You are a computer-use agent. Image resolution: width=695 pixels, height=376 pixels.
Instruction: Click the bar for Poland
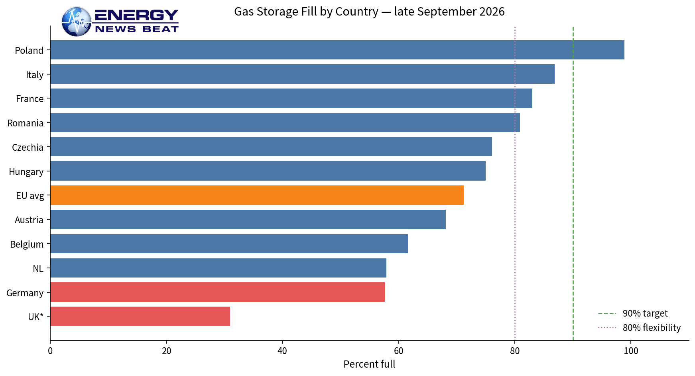tap(337, 50)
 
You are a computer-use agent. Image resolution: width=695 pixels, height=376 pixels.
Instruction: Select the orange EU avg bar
tap(257, 195)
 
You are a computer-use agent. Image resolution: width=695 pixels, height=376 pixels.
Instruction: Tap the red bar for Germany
tap(218, 292)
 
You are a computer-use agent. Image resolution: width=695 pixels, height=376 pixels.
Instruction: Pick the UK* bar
tap(140, 317)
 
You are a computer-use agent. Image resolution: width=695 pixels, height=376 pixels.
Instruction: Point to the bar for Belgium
tap(229, 244)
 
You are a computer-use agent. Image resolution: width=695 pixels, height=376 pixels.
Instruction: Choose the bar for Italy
tap(303, 74)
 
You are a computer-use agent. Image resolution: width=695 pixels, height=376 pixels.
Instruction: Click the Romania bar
tap(285, 122)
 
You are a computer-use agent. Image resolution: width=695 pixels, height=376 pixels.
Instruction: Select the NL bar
tap(219, 268)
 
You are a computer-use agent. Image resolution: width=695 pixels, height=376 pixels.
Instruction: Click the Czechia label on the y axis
tap(28, 148)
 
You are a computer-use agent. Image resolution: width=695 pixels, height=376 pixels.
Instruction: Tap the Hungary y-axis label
tap(26, 172)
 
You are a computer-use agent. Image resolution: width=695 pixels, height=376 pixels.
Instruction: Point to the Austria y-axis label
tap(29, 220)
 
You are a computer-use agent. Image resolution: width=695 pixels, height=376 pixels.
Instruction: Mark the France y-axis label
tap(30, 99)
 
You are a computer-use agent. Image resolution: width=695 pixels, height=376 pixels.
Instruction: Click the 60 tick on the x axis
tap(398, 351)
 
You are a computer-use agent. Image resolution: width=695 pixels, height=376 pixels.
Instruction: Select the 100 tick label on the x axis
tap(631, 351)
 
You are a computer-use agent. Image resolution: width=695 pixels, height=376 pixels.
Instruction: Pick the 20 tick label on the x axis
tap(166, 351)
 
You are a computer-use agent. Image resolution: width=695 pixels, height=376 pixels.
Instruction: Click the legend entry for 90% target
tap(633, 313)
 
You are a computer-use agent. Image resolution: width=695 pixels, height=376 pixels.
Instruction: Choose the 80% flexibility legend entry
tap(640, 328)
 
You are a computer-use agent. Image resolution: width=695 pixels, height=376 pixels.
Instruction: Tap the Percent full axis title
tap(369, 364)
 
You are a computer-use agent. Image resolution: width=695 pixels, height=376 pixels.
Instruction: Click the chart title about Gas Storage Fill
tap(369, 12)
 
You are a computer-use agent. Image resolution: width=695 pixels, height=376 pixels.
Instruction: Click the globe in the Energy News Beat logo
tap(77, 22)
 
